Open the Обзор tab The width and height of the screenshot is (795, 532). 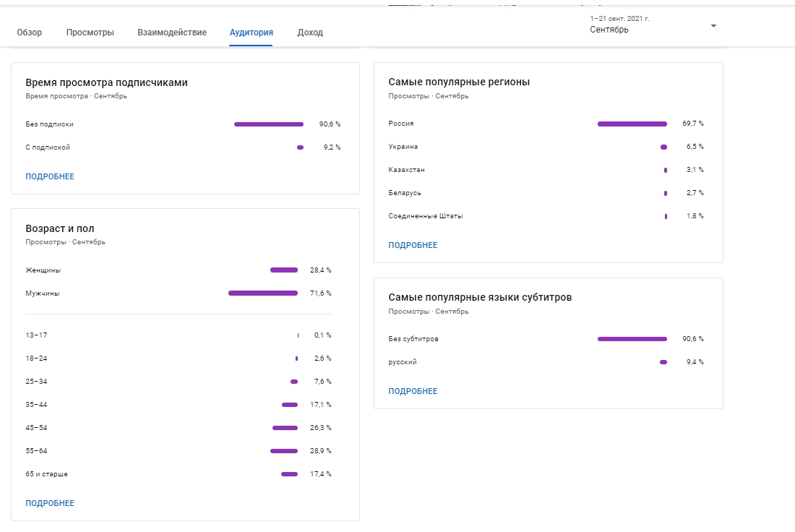[x=30, y=33]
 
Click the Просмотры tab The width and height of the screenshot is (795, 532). [x=90, y=33]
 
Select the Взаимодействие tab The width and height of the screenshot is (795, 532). [x=172, y=33]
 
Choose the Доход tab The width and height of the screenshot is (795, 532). [x=310, y=33]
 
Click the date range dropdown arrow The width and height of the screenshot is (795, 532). [x=713, y=26]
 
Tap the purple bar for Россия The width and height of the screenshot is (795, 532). [x=632, y=124]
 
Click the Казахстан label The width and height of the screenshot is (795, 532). [x=407, y=170]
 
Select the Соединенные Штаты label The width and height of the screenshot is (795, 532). [x=426, y=216]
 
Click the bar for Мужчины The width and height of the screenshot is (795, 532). [x=263, y=293]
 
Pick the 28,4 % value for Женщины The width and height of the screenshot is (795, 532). [x=320, y=270]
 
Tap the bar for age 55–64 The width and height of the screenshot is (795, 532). [x=284, y=451]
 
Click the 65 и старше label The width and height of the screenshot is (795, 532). [x=47, y=474]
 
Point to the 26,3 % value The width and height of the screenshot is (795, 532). [x=320, y=428]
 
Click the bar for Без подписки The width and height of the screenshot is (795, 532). [x=269, y=124]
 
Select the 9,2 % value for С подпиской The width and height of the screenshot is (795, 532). [x=332, y=147]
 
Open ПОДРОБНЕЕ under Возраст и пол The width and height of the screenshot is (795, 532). [x=50, y=503]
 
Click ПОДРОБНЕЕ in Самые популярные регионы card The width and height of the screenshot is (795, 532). [x=413, y=245]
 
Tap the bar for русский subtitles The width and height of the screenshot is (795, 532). [x=663, y=362]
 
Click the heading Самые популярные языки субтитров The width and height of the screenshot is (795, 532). [x=480, y=298]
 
